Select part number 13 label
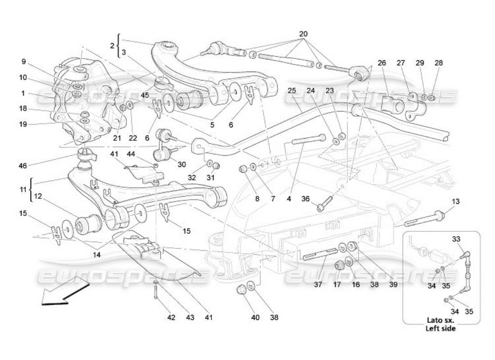pyautogui.click(x=456, y=202)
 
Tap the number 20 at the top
pyautogui.click(x=303, y=34)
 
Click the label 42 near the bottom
pyautogui.click(x=172, y=318)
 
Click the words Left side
pyautogui.click(x=441, y=328)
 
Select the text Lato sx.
pyautogui.click(x=441, y=321)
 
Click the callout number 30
pyautogui.click(x=181, y=165)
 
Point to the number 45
pyautogui.click(x=144, y=95)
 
